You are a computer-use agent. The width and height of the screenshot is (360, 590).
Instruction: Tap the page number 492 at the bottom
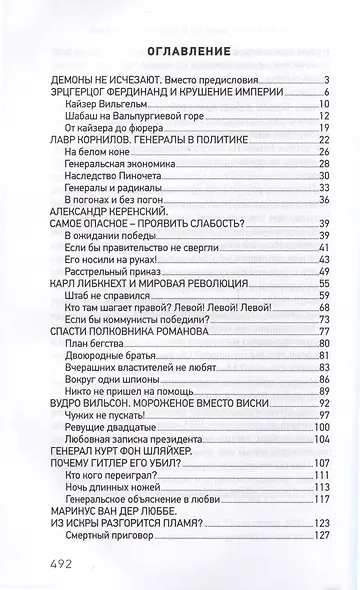(61, 563)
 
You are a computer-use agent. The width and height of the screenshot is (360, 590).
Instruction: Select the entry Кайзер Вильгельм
(104, 103)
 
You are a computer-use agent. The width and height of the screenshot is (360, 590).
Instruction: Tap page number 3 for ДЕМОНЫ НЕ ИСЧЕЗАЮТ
(326, 79)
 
